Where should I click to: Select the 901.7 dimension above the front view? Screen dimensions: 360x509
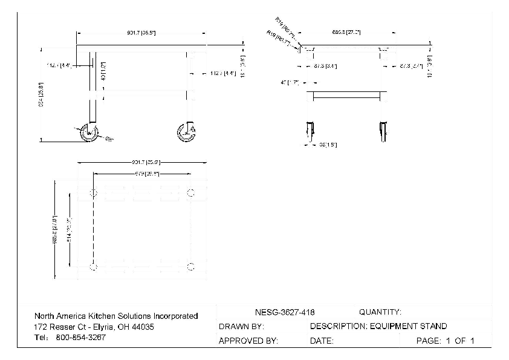pos(141,32)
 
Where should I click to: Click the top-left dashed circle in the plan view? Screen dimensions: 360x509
pos(92,193)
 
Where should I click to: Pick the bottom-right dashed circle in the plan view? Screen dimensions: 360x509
pos(191,266)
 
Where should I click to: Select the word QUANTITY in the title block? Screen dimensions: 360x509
pos(380,312)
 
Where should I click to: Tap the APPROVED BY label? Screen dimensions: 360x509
pos(248,341)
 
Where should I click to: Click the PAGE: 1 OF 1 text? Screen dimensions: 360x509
pos(446,341)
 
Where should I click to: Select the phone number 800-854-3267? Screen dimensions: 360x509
pos(80,338)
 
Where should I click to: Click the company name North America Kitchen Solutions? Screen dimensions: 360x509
pos(116,316)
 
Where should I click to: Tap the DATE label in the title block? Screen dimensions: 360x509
pos(322,341)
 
